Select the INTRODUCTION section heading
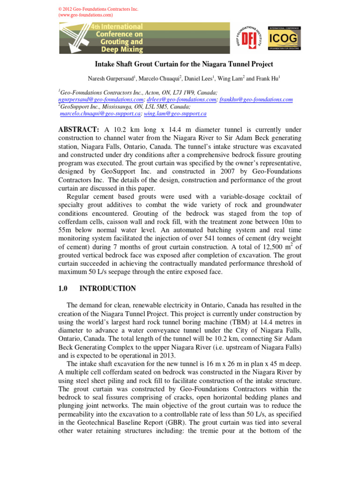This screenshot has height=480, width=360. (x=108, y=289)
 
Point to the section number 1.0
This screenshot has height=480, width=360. (x=64, y=289)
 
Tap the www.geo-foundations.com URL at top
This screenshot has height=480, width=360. (x=86, y=15)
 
